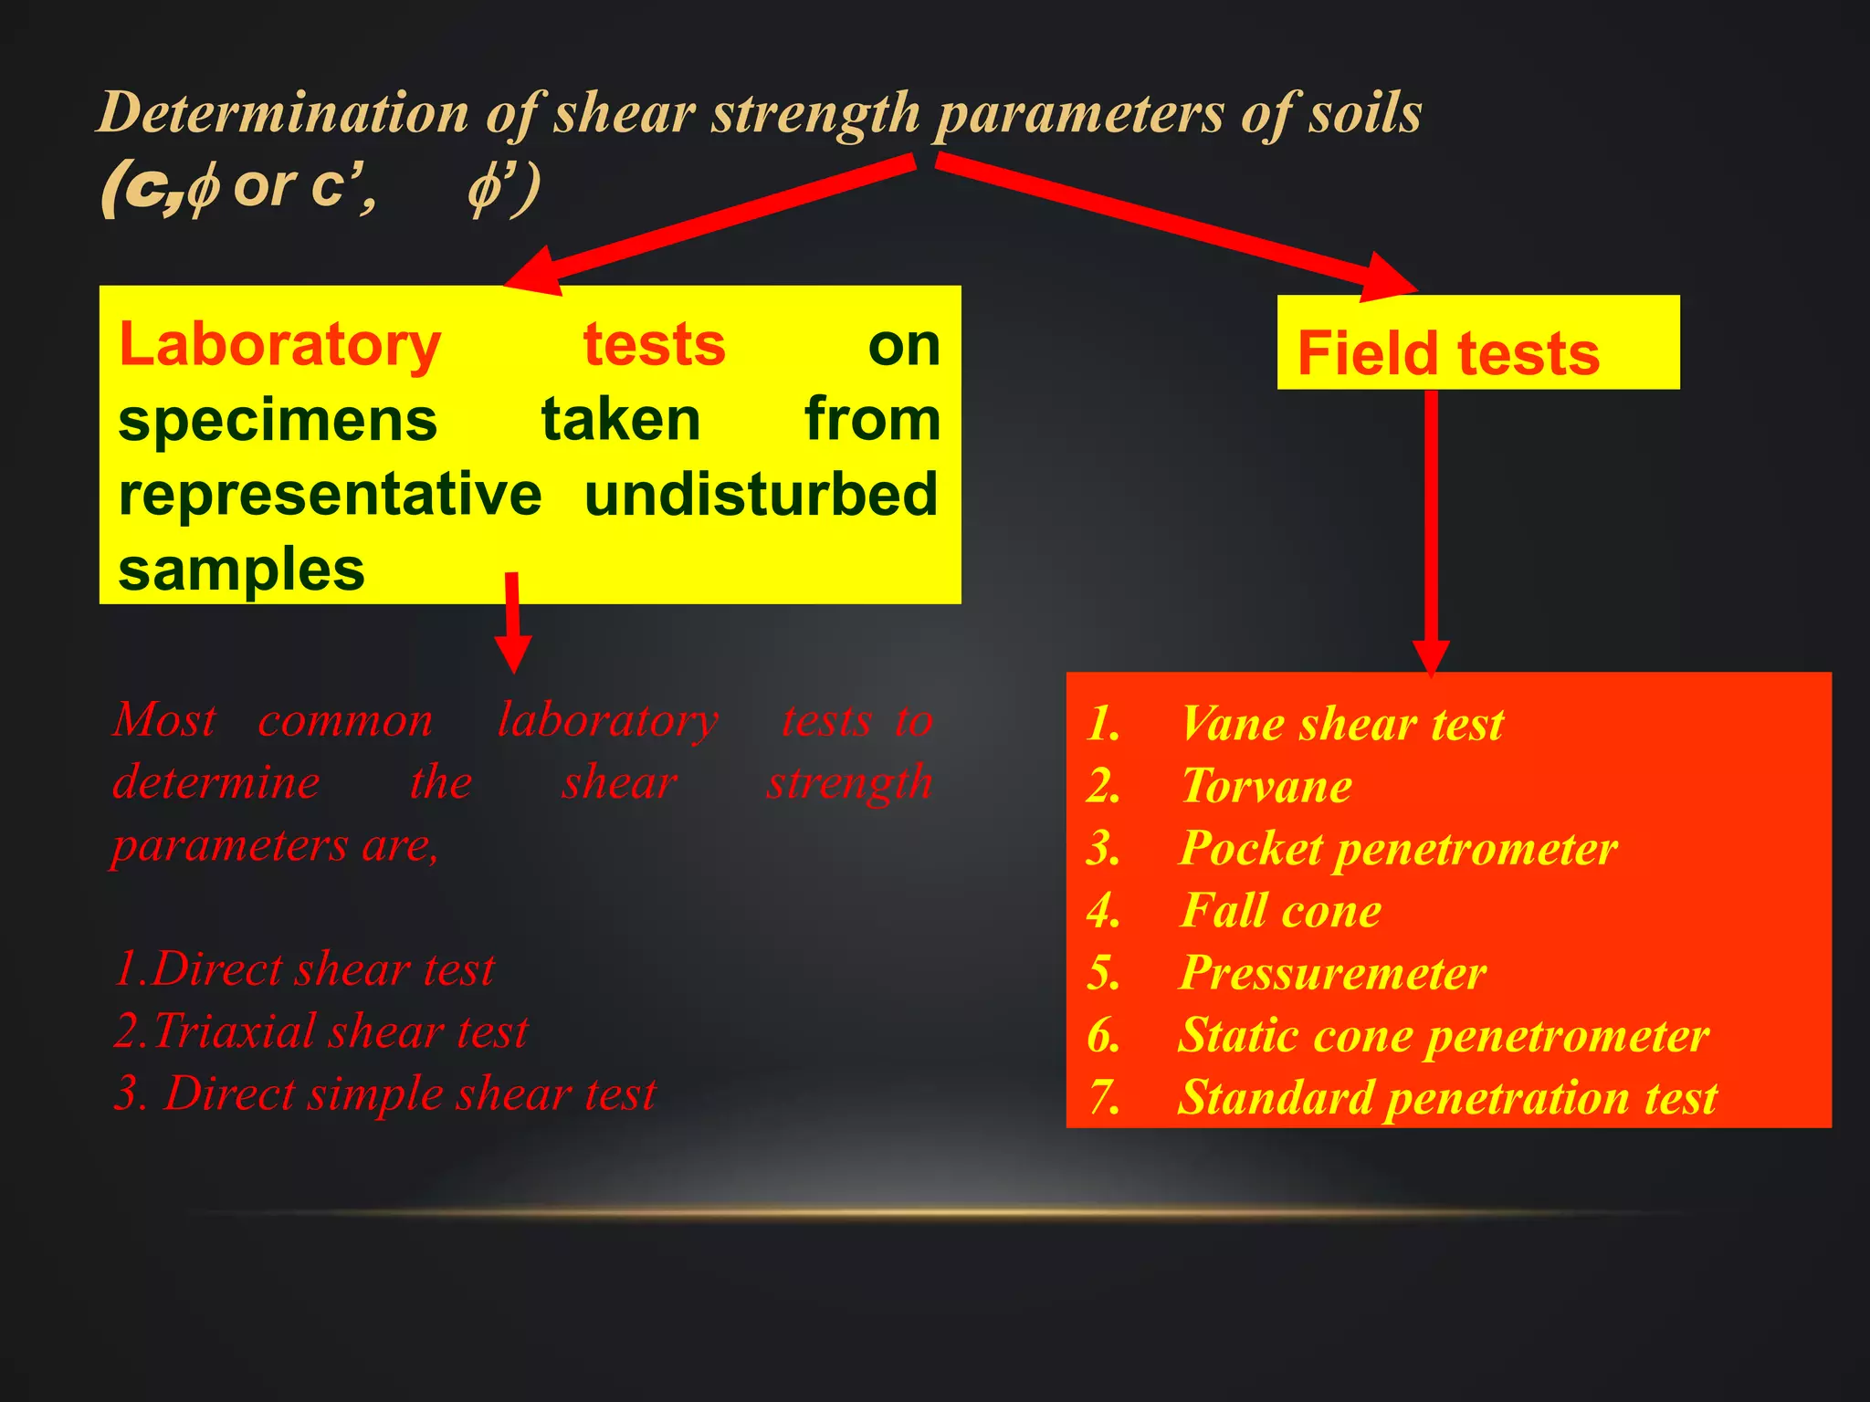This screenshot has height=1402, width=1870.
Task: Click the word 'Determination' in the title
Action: click(x=283, y=113)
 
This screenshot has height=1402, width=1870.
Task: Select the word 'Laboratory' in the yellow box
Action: click(x=280, y=345)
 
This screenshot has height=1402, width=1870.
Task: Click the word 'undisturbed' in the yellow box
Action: click(x=761, y=495)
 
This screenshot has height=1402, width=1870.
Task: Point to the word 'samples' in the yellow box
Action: click(x=242, y=570)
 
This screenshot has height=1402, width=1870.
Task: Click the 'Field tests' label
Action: click(x=1448, y=353)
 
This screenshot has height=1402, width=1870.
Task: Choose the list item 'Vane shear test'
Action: click(x=1340, y=725)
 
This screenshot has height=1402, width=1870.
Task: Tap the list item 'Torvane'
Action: click(x=1266, y=787)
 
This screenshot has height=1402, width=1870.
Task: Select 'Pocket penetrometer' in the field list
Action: click(x=1398, y=849)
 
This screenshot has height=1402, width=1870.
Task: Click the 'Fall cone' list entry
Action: click(x=1280, y=911)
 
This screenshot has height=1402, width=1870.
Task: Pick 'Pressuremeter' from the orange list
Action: click(x=1332, y=973)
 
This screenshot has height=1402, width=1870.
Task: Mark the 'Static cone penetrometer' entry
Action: click(x=1443, y=1035)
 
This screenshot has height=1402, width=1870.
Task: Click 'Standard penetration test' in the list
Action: click(x=1447, y=1097)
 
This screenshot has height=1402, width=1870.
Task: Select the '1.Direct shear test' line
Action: click(x=304, y=969)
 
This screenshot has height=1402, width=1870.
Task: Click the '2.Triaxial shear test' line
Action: click(x=321, y=1031)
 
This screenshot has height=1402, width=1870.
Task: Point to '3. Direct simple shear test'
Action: click(x=385, y=1093)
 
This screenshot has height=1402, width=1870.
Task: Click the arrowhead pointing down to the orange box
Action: click(x=1431, y=655)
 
